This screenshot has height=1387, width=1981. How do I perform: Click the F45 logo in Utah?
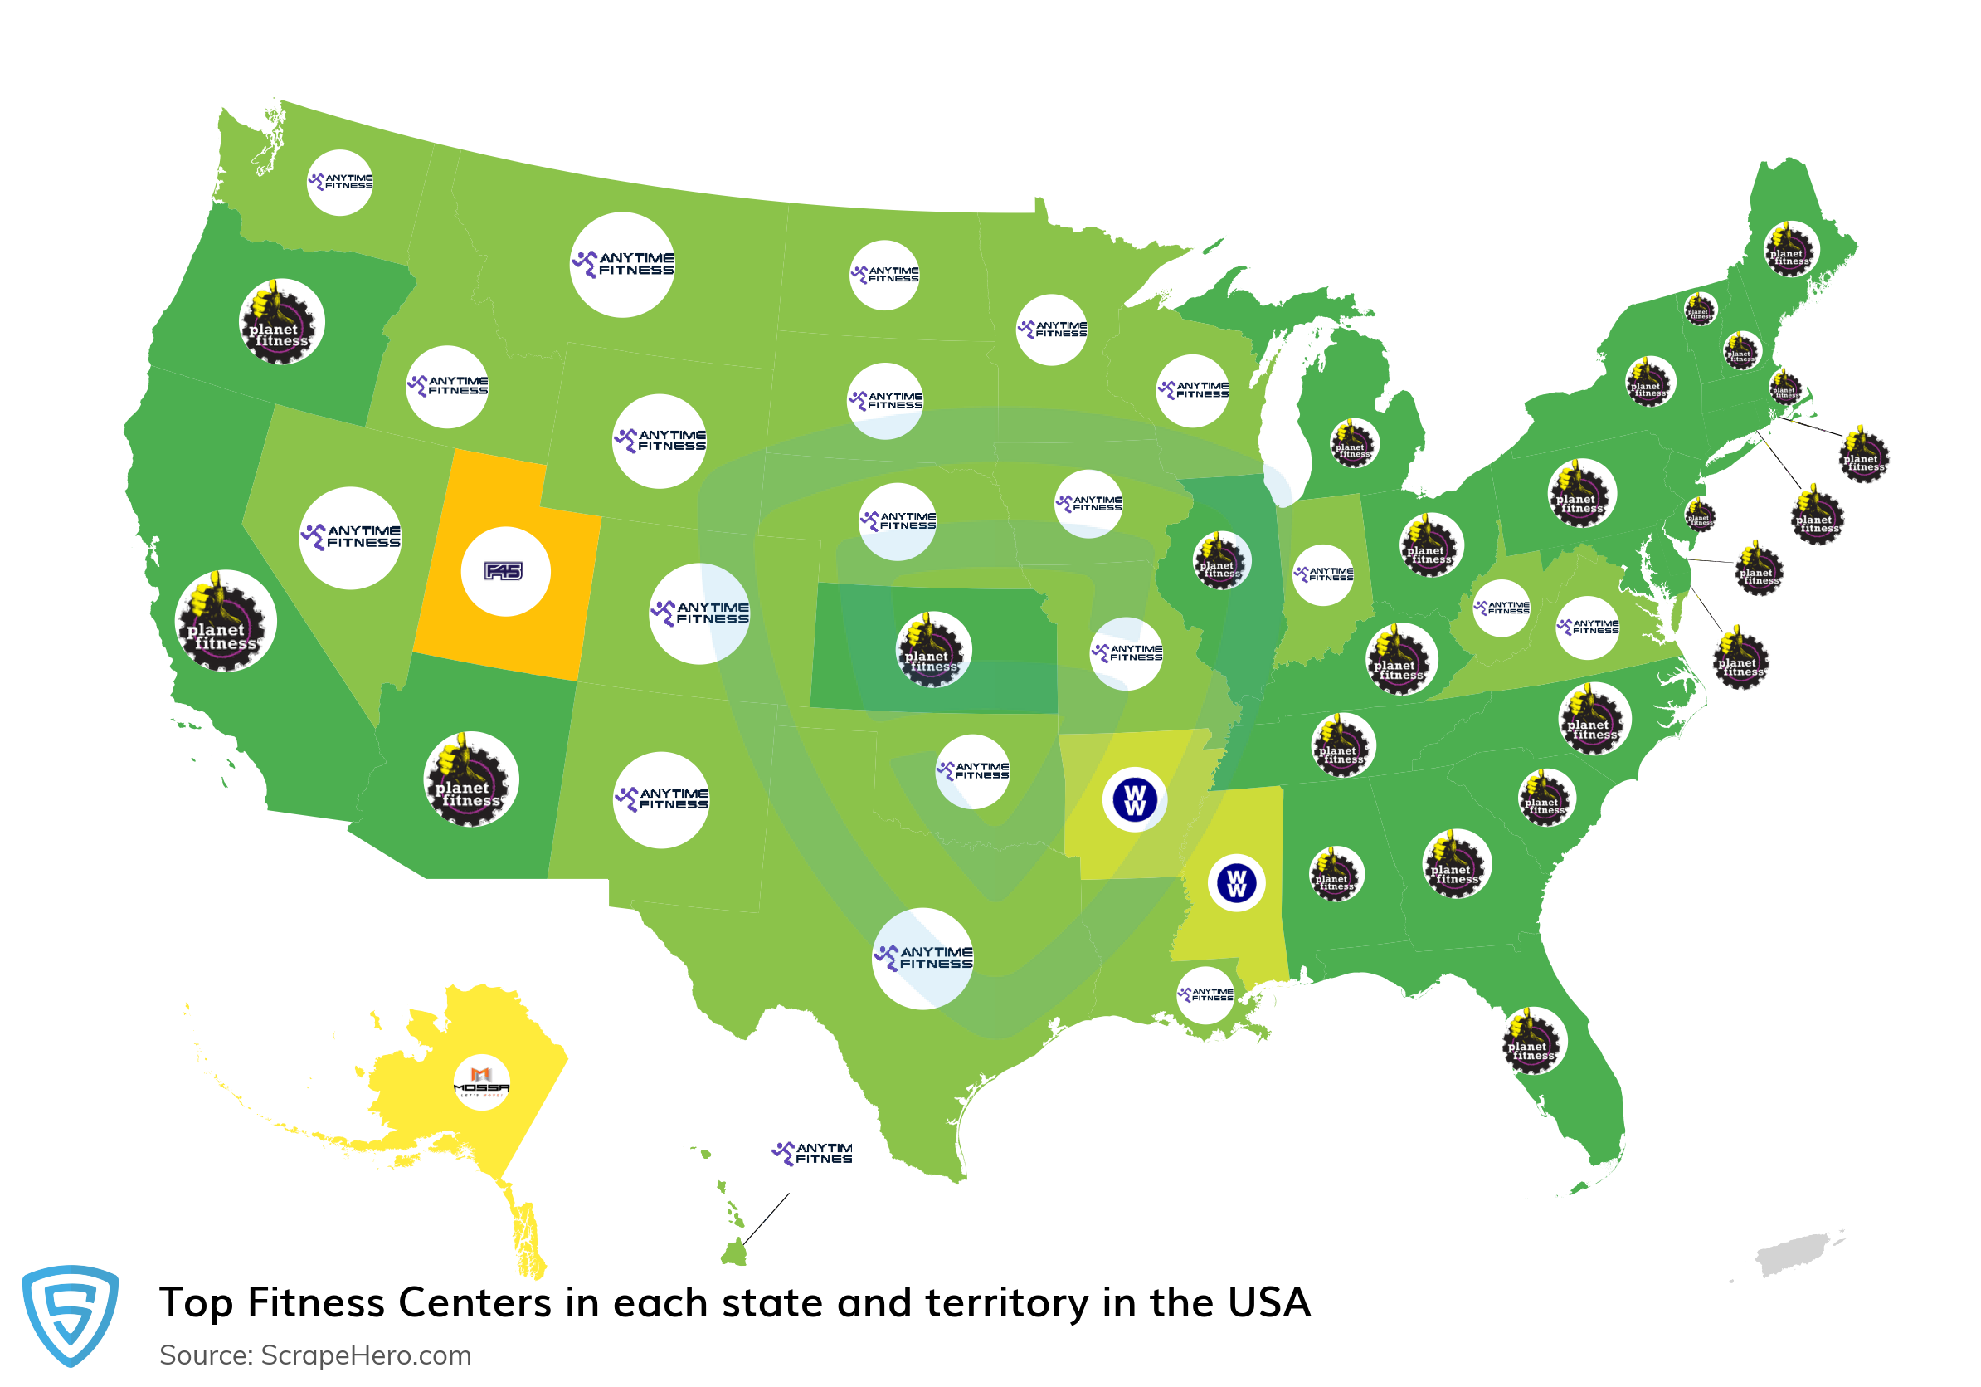(504, 571)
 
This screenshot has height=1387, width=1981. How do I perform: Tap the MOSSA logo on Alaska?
(481, 1082)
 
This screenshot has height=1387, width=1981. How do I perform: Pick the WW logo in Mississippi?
(1235, 883)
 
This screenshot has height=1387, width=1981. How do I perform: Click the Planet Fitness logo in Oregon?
(281, 323)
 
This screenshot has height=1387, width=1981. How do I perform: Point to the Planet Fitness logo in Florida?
(1533, 1041)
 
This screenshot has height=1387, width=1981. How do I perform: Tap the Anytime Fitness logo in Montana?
(622, 264)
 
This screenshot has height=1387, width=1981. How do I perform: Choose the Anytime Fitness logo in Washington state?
(340, 182)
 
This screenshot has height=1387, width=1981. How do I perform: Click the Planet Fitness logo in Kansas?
(932, 650)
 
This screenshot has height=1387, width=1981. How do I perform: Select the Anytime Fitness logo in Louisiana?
(1205, 995)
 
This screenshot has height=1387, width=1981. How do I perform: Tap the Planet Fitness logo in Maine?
(1789, 250)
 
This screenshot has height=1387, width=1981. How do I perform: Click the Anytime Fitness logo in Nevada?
(350, 538)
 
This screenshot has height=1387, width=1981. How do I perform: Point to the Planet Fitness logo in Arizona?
(470, 779)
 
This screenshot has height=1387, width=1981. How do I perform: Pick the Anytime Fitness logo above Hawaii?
(812, 1153)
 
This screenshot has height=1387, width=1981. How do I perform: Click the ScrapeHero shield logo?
(70, 1315)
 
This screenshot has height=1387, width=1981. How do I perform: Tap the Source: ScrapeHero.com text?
(315, 1355)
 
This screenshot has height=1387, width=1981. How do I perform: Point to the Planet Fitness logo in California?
(225, 622)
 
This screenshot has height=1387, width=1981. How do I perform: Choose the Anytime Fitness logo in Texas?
(923, 958)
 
